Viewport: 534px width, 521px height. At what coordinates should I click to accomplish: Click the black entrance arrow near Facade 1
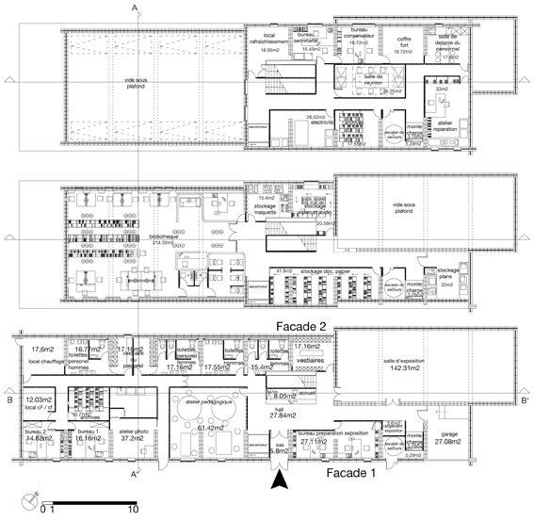click(278, 483)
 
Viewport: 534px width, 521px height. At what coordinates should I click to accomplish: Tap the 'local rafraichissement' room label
click(267, 42)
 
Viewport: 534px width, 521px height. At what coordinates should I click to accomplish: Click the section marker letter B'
click(526, 400)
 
